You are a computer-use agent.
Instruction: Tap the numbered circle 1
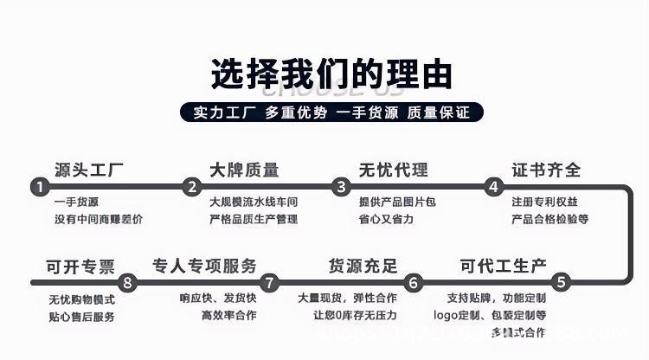39,187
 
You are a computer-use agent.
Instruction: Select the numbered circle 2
191,187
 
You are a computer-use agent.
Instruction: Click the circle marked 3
342,187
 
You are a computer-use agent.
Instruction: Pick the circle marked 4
493,187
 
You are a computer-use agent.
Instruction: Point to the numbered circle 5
561,282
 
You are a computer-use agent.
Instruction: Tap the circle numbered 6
414,282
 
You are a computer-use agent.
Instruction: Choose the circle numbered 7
270,282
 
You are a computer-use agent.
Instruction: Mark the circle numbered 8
128,282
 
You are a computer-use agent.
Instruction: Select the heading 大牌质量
244,170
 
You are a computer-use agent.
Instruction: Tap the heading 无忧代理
394,170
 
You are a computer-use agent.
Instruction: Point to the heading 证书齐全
546,170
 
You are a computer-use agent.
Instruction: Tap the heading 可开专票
80,266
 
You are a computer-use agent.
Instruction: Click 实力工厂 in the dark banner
222,113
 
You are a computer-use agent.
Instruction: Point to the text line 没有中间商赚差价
99,220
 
